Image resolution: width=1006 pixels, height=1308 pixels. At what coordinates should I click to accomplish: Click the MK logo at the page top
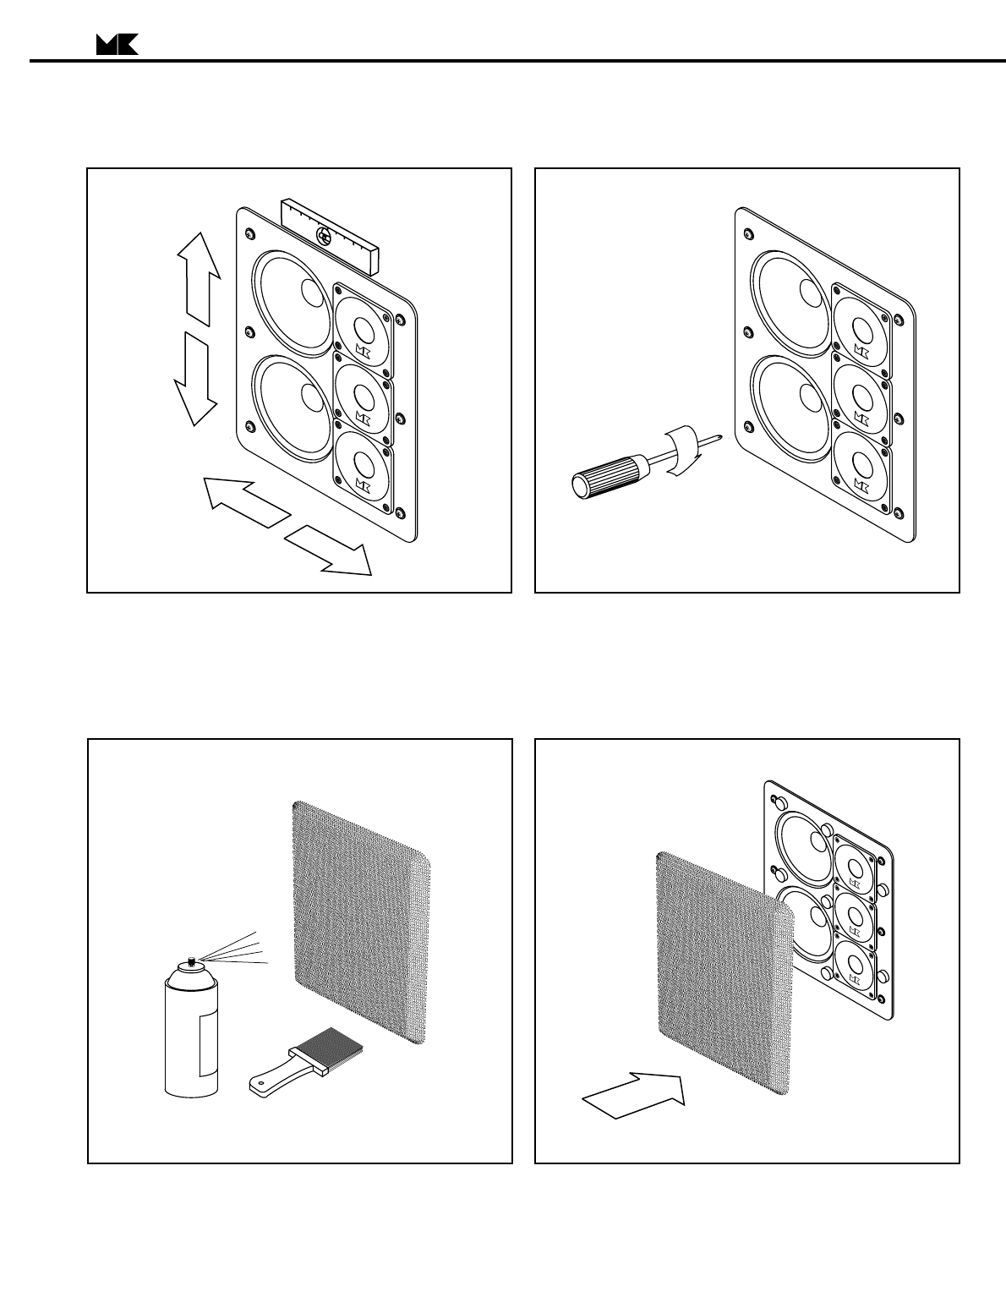pyautogui.click(x=117, y=46)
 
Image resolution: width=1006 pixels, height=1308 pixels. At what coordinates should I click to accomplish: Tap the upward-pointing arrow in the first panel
pyautogui.click(x=200, y=279)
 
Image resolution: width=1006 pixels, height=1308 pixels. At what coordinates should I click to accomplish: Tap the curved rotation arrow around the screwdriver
pyautogui.click(x=683, y=452)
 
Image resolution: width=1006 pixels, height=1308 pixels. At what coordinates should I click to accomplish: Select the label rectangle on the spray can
pyautogui.click(x=205, y=1045)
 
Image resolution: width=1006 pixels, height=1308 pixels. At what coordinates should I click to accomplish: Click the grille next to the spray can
pyautogui.click(x=358, y=921)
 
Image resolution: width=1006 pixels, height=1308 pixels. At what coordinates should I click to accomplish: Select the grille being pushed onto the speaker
pyautogui.click(x=724, y=973)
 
